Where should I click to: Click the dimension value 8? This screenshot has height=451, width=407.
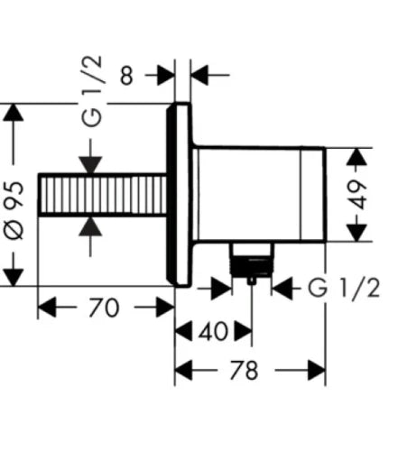[x=126, y=76]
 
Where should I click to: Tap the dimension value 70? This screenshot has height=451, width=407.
[x=104, y=308]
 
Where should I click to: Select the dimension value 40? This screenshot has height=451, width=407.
[x=213, y=331]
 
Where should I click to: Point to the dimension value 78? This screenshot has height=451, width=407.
[x=244, y=370]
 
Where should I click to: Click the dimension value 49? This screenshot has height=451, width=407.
[x=359, y=195]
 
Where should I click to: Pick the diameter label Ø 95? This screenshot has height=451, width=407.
[x=14, y=210]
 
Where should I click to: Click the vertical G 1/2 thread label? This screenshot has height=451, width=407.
[x=92, y=91]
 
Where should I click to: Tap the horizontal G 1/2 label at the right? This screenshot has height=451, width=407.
[x=344, y=288]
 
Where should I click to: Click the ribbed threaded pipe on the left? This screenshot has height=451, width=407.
[x=102, y=195]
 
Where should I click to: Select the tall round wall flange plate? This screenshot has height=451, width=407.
[x=180, y=195]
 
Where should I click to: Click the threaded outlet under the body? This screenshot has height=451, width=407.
[x=252, y=260]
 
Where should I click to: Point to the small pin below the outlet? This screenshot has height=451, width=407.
[x=252, y=281]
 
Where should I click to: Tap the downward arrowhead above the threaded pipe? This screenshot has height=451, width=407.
[x=90, y=165]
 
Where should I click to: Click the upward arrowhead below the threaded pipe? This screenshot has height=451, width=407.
[x=90, y=226]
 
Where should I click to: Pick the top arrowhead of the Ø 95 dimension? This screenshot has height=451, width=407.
[x=14, y=112]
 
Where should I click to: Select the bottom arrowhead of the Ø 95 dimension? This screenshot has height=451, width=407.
[x=14, y=277]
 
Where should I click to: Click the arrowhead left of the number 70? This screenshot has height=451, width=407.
[x=47, y=308]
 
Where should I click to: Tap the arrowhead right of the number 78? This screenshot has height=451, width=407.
[x=317, y=370]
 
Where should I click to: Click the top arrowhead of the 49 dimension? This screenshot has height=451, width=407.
[x=356, y=157]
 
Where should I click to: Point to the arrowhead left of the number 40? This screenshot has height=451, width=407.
[x=183, y=331]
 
